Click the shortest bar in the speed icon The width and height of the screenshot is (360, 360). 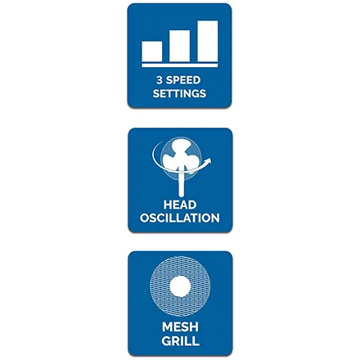coord(152,52)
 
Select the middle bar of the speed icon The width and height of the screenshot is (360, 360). coord(179,46)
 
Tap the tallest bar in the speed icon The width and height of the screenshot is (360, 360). coord(208,41)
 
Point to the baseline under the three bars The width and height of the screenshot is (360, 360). coord(180,65)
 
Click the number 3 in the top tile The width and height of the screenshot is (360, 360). coord(160,80)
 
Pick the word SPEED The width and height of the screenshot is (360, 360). coord(183,80)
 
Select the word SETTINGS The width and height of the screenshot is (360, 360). coord(179,93)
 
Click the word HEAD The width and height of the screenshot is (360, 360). coord(180,205)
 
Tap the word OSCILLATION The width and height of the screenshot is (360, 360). coord(180,218)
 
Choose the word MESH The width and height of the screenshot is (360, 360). coord(180,327)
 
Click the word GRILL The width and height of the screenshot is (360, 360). coord(180,341)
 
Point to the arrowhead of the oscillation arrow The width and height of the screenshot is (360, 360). coord(209,160)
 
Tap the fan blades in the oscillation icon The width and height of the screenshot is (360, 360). coord(179,156)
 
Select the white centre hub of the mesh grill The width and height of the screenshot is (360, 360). coord(180,286)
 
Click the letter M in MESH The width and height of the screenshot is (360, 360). coord(167,327)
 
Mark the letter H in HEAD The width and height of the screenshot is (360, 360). coord(168,205)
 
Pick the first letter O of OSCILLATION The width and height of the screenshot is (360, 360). coord(145,218)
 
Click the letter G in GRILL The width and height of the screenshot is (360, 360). coord(166,341)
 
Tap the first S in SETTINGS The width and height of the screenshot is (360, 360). coord(156,93)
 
